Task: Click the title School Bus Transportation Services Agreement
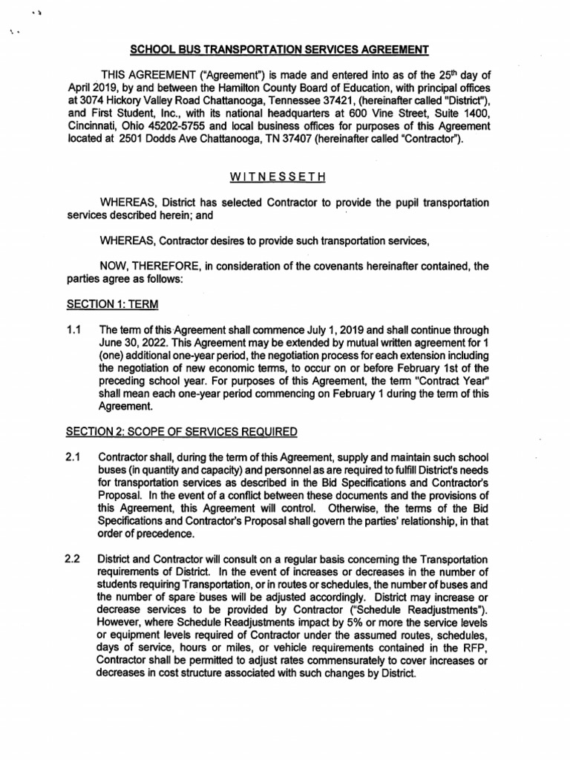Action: (280, 50)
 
